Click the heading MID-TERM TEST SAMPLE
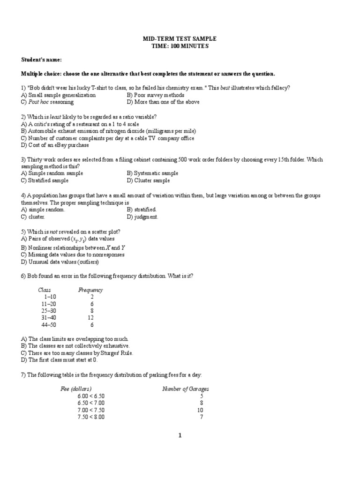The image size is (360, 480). coord(180,39)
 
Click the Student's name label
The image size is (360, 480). coord(41,60)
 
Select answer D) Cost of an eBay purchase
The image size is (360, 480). coord(55,145)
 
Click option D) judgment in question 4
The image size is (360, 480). coord(142,217)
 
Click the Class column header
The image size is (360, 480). coord(44,290)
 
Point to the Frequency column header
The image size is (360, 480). coord(90,290)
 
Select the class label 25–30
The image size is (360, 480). coord(48,310)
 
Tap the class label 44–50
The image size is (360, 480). coord(48,324)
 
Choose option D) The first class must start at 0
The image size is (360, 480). coord(59,360)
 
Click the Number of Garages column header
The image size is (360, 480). coord(185,389)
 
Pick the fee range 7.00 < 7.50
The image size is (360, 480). coord(91,410)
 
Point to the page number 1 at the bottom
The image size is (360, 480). coord(180,435)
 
